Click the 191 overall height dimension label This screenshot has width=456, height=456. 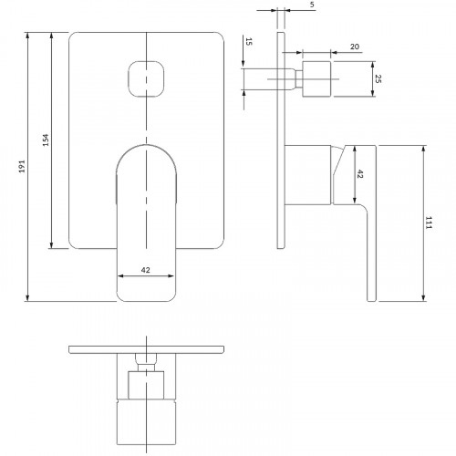(22, 166)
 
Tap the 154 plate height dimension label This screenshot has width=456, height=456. (46, 140)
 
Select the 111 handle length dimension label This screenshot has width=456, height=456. (429, 223)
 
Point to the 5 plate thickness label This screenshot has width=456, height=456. (312, 5)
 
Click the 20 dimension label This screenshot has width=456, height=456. (355, 47)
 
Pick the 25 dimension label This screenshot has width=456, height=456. (378, 79)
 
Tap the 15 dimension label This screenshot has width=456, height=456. (249, 42)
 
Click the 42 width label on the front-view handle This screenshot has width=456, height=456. (146, 270)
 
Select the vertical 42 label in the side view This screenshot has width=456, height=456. (359, 174)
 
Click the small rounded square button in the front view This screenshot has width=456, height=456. (146, 79)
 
